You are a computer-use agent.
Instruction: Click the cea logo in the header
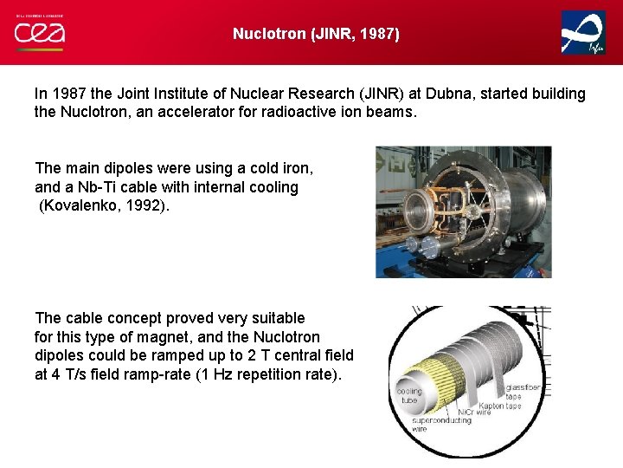[39, 32]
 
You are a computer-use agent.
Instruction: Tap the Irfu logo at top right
[583, 33]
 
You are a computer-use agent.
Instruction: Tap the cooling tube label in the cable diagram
[409, 395]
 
